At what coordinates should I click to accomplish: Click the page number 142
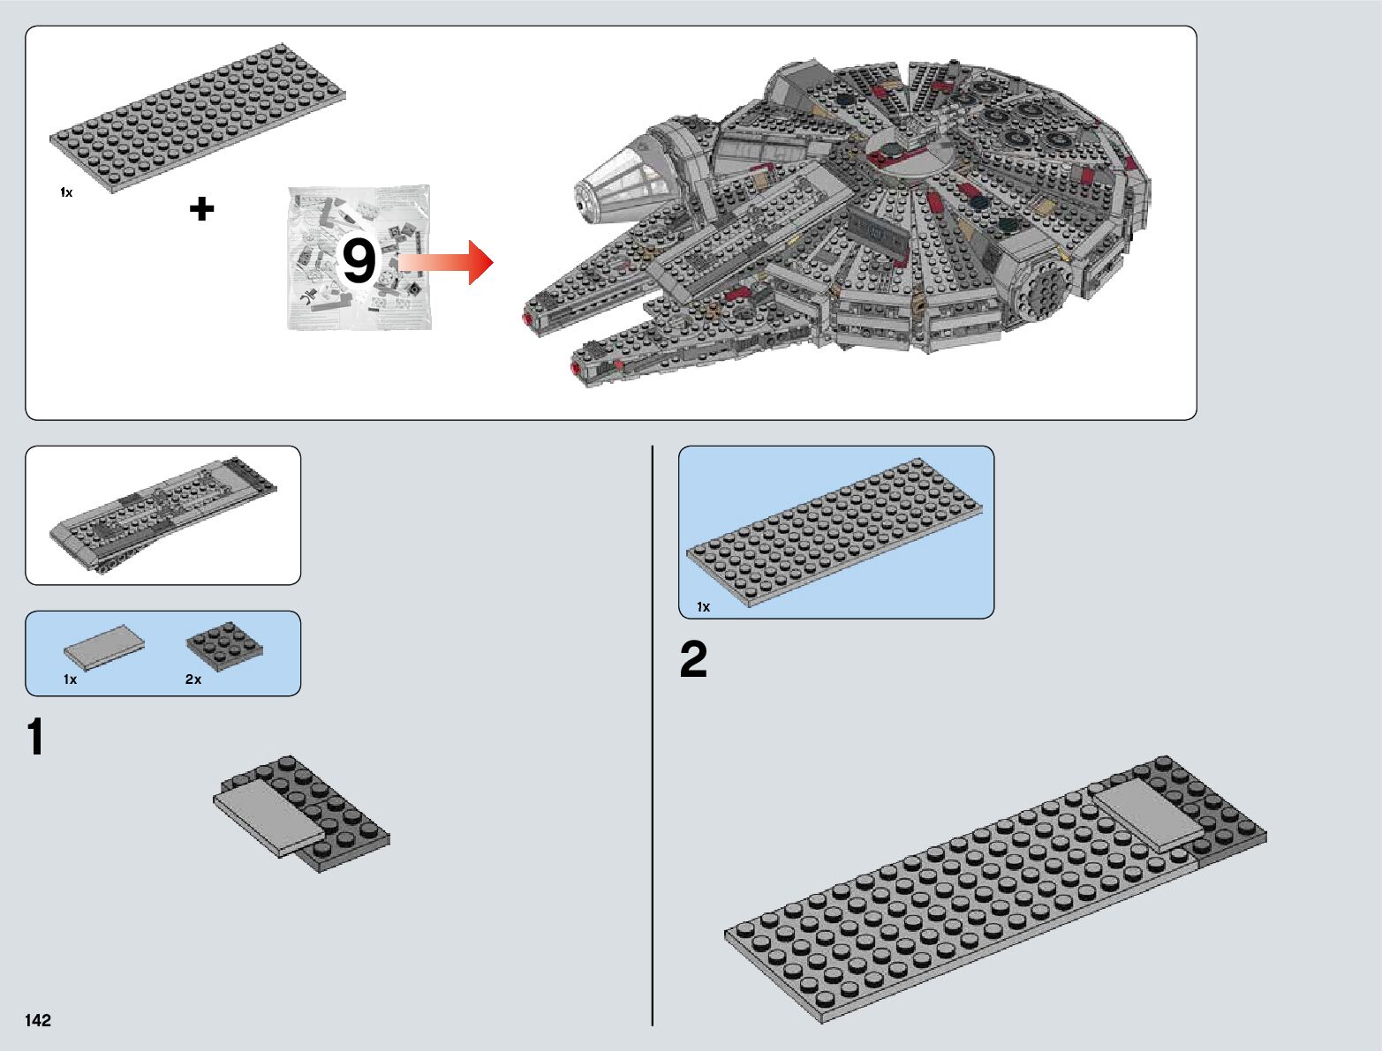click(x=38, y=1020)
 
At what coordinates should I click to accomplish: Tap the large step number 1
click(x=35, y=738)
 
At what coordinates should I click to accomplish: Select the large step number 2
click(x=693, y=659)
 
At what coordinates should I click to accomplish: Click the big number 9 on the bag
click(x=359, y=261)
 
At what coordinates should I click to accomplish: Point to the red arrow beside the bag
click(x=447, y=262)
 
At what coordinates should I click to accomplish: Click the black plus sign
click(x=201, y=209)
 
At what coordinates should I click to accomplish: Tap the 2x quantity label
click(x=193, y=679)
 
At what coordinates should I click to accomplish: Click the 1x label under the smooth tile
click(x=70, y=679)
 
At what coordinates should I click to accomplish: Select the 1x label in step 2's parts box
click(x=703, y=607)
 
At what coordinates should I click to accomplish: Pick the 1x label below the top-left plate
click(x=66, y=192)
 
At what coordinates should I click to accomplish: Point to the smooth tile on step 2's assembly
click(x=1148, y=814)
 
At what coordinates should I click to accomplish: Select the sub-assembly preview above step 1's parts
click(x=162, y=515)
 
